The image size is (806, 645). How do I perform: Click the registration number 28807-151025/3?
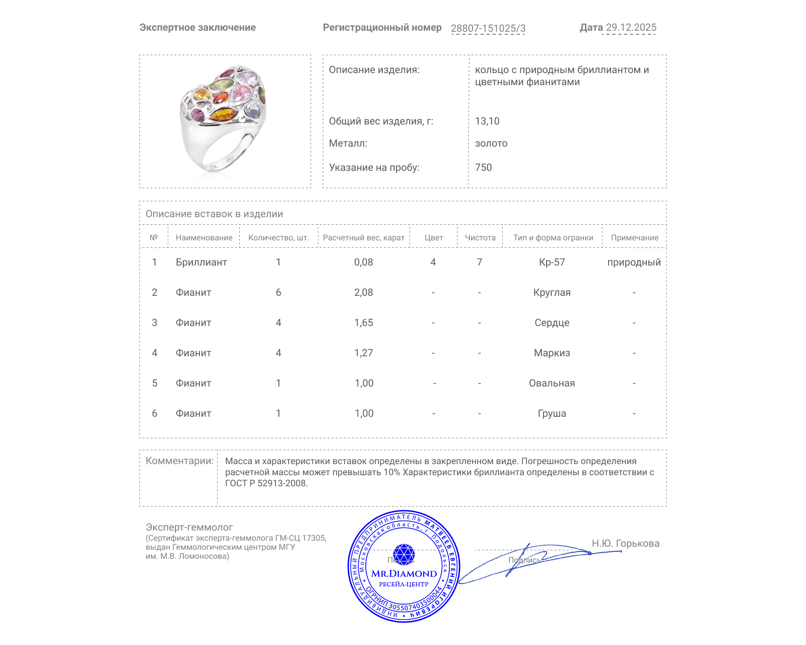[x=488, y=28]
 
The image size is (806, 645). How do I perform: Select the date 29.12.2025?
[x=631, y=28]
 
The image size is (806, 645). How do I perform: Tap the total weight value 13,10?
[x=487, y=121]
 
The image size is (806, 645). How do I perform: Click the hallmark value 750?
[x=483, y=167]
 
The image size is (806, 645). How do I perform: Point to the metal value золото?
[x=491, y=143]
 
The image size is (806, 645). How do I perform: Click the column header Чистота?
[x=480, y=237]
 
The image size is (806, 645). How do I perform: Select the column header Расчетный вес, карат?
[x=364, y=237]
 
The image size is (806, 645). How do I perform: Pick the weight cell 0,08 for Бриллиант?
[x=364, y=262]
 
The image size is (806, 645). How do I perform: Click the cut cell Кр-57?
[x=552, y=262]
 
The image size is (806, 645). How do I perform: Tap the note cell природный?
[x=634, y=262]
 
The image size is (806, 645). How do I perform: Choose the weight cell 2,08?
[x=364, y=292]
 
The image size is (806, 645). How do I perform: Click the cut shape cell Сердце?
[x=552, y=322]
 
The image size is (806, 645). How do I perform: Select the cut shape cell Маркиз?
[x=552, y=353]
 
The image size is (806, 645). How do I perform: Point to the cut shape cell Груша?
[x=552, y=413]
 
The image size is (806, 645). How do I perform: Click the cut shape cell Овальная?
[x=552, y=383]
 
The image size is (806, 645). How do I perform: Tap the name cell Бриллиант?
[x=201, y=262]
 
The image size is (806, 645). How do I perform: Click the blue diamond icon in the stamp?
[x=404, y=554]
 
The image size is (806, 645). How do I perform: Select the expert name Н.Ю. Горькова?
[x=625, y=543]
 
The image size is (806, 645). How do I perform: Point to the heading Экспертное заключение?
[x=197, y=28]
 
